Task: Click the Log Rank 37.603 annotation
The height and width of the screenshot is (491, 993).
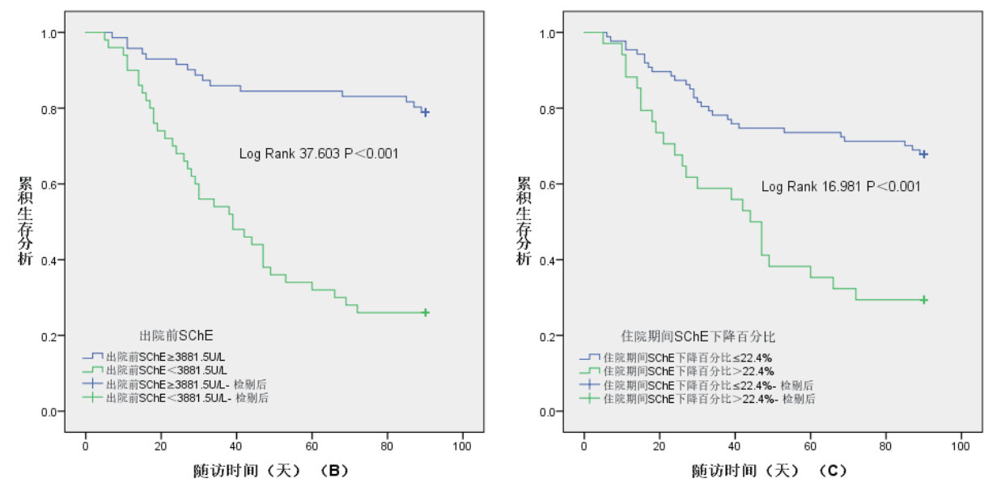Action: (319, 153)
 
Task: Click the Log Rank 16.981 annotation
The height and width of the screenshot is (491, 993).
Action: (841, 187)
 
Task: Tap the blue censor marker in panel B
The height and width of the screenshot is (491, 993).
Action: (425, 112)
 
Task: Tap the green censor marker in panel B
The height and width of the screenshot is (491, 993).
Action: (425, 312)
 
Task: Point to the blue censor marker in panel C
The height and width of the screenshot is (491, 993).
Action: (923, 154)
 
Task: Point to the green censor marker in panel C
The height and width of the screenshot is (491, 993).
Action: (923, 299)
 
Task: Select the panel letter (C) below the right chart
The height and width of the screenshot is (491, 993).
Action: (835, 469)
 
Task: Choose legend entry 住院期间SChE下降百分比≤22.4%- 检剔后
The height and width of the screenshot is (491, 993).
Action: (708, 384)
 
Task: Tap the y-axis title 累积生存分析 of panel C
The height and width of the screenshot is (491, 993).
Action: (524, 220)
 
